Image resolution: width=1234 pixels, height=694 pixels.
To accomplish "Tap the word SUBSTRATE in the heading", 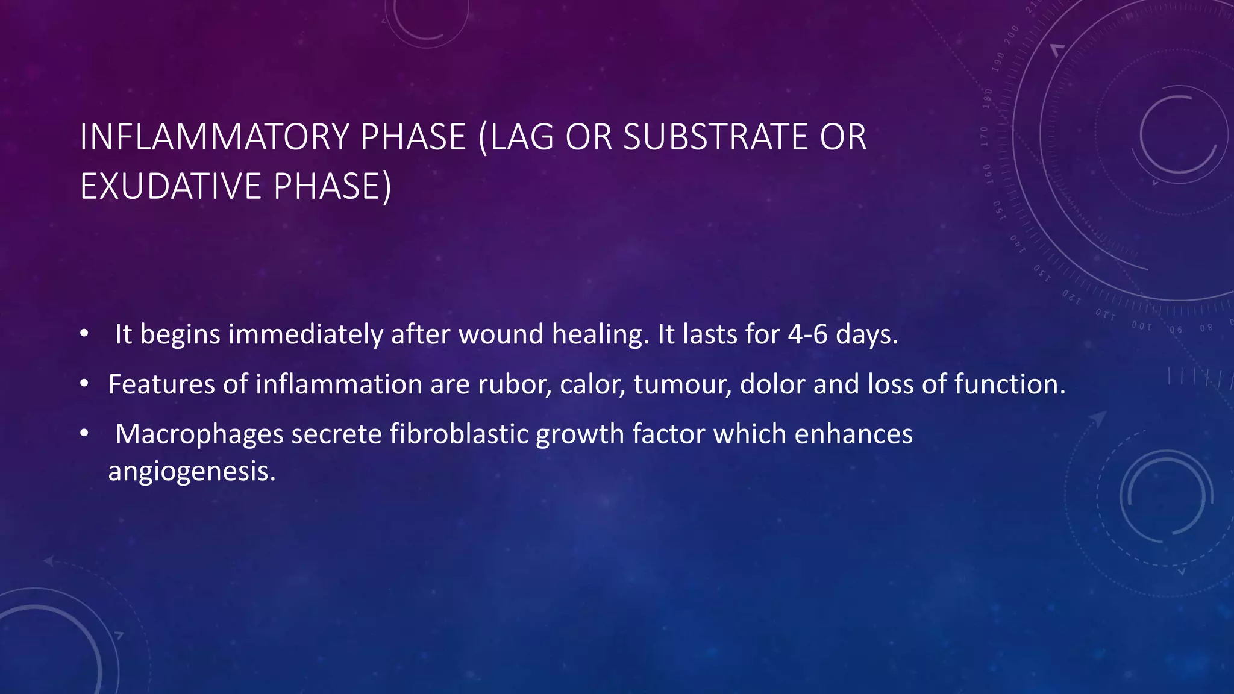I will pos(715,137).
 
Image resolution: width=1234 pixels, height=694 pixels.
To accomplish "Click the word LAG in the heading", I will pos(522,137).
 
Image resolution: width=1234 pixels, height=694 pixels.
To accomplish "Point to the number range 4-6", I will pos(808,334).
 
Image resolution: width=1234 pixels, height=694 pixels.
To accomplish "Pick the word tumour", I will pos(682,384).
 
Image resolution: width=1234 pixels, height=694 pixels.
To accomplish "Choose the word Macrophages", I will pos(199,434).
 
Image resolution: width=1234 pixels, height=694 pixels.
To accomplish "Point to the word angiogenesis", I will pos(192,471).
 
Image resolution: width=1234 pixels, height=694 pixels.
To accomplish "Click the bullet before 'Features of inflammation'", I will pos(84,384).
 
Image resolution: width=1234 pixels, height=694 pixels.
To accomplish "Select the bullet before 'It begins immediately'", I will pos(84,334).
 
